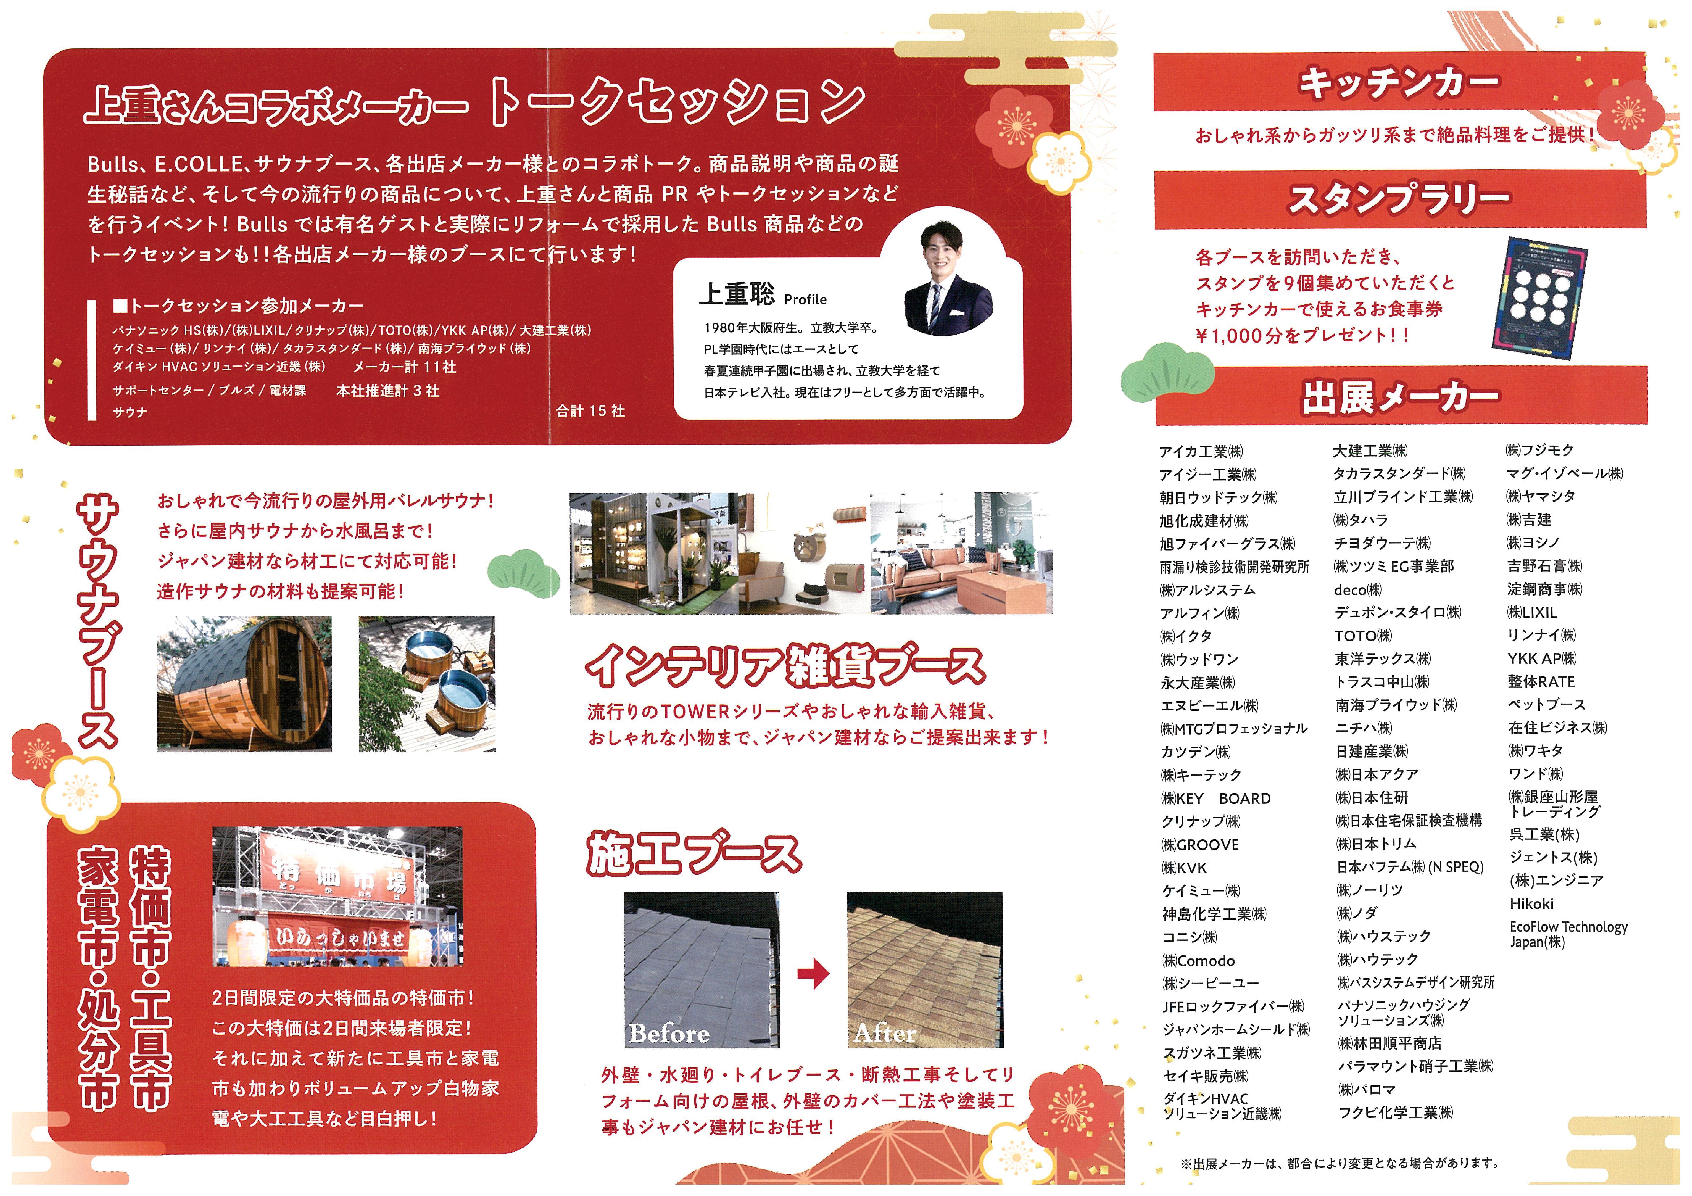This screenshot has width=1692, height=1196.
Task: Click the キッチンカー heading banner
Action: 1399,81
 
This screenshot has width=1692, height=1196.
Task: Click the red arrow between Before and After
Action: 814,973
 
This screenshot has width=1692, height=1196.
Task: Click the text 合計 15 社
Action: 590,411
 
